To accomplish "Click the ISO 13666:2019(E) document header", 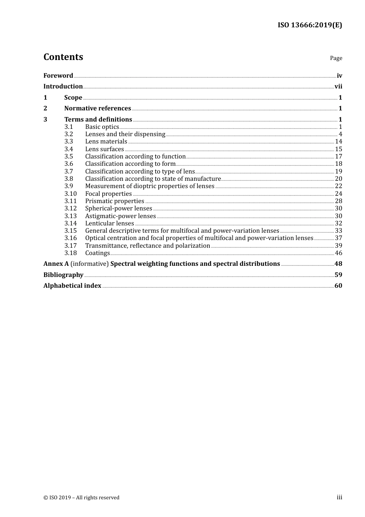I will [x=310, y=25].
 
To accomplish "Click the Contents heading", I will [x=63, y=57].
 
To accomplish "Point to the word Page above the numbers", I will [x=336, y=58].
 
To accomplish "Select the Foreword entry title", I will [x=58, y=75].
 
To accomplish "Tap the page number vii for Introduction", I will [x=338, y=87].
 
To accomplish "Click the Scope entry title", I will [x=73, y=98].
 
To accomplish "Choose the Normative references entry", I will [x=98, y=108].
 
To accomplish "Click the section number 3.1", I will [x=68, y=127].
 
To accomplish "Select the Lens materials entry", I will [x=106, y=142].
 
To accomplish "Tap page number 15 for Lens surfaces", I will [x=338, y=149].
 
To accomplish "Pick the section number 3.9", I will [x=68, y=186].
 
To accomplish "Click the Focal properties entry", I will [x=108, y=194].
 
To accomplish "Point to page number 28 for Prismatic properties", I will [x=338, y=201].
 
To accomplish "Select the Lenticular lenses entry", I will [x=109, y=223].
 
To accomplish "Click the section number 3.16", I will [x=70, y=238].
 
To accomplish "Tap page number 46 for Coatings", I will [x=338, y=253].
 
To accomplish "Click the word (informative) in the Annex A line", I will [x=90, y=264].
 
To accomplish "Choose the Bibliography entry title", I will [x=63, y=275].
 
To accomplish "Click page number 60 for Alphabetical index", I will [x=338, y=286].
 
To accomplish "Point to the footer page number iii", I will [x=339, y=497].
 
